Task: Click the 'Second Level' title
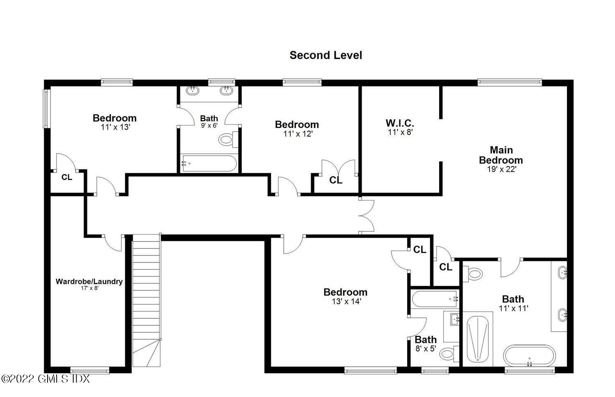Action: coord(326,55)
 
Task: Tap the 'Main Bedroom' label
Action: coord(501,155)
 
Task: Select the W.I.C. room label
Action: coord(400,123)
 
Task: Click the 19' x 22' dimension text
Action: coord(501,169)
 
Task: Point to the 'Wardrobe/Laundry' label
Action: coord(89,281)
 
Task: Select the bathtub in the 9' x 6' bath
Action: coord(209,163)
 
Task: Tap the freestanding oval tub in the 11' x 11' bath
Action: coord(529,355)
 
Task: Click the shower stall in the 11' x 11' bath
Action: coord(478,338)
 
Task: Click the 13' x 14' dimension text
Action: coord(346,301)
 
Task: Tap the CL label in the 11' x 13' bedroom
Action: coord(67,178)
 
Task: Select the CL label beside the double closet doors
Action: coord(336,180)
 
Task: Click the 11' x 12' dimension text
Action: coord(298,134)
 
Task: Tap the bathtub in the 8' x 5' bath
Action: coord(435,299)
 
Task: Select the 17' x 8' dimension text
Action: coord(89,288)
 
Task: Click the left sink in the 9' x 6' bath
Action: coord(191,90)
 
